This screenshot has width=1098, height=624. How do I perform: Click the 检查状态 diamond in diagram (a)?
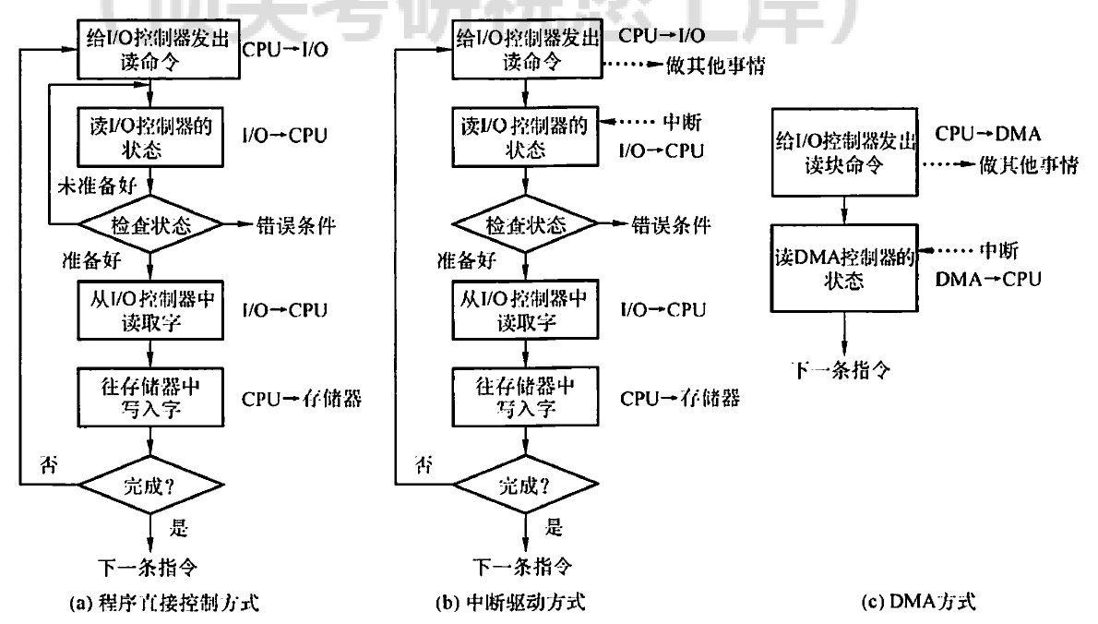click(150, 225)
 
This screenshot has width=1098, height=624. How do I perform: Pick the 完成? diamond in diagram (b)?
click(525, 482)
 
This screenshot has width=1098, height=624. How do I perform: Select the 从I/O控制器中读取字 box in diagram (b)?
click(524, 310)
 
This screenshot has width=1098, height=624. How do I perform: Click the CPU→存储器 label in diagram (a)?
click(301, 399)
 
